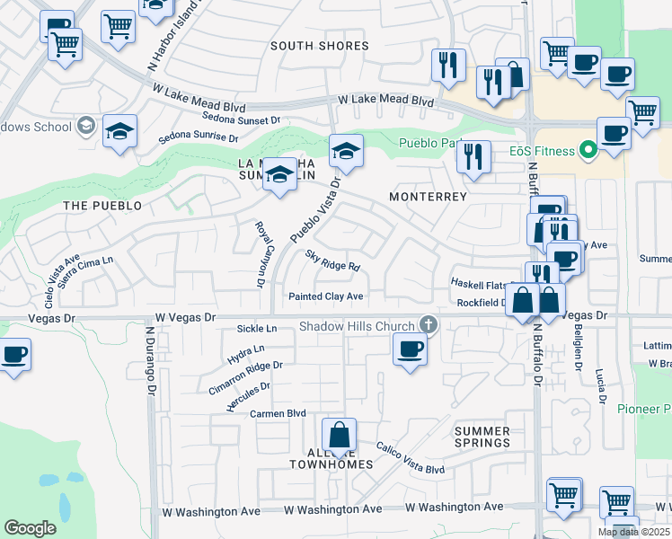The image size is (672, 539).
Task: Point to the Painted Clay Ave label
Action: [325, 296]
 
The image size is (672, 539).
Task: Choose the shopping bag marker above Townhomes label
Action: [340, 436]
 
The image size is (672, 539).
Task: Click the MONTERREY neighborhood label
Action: [428, 197]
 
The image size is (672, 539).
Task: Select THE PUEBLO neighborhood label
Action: [102, 206]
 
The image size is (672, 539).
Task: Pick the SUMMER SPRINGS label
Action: [482, 437]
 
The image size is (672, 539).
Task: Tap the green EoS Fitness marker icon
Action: [588, 150]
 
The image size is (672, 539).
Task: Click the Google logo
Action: [30, 528]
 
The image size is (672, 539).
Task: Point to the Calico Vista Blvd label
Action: [410, 457]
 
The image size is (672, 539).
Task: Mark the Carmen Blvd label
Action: [279, 414]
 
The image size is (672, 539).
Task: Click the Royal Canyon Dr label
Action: [259, 255]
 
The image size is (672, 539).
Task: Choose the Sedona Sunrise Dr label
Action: [198, 139]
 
